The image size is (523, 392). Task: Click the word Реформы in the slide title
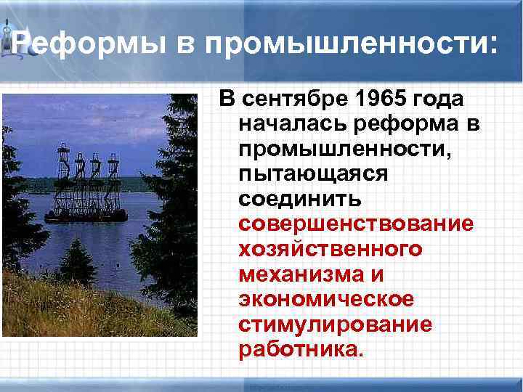[90, 45]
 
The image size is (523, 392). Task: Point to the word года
[441, 99]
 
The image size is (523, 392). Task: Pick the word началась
[293, 124]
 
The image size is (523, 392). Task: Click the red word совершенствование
[355, 224]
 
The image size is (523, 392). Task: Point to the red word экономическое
[326, 300]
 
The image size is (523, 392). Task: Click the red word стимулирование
[335, 325]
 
